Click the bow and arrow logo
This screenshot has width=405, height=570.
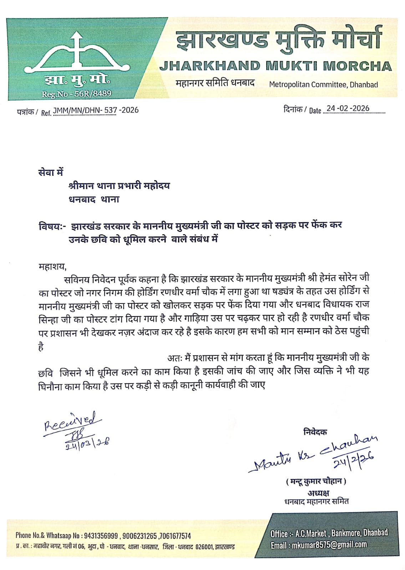(76, 54)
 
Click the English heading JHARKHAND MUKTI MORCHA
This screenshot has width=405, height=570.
(275, 66)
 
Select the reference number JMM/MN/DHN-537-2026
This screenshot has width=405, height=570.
(96, 110)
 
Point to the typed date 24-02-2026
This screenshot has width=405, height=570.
(348, 108)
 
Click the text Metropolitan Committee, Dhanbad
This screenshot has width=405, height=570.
(323, 84)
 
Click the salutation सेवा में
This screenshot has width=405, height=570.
(50, 172)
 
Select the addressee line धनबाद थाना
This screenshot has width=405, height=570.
(94, 199)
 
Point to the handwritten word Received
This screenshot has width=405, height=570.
(70, 421)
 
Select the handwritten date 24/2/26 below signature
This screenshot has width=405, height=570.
(353, 461)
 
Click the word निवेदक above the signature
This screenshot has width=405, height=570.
(315, 432)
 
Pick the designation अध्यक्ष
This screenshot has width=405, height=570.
(318, 493)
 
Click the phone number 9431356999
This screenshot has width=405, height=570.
(101, 536)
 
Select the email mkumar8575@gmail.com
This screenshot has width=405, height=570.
(329, 545)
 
